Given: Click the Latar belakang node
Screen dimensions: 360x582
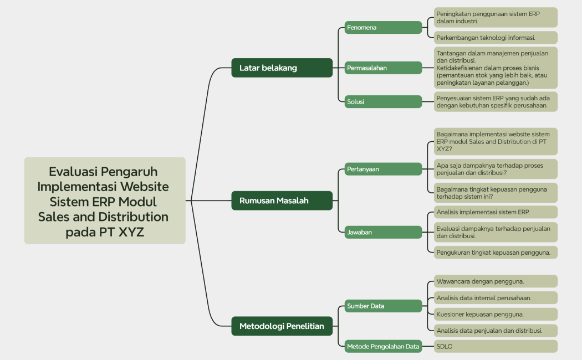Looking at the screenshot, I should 282,68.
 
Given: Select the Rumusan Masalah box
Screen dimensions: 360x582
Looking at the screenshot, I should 282,200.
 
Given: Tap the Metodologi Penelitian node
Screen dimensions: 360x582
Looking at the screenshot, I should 282,326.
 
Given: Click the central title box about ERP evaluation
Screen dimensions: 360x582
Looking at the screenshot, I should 105,200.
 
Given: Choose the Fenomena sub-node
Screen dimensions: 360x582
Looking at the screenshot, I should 383,27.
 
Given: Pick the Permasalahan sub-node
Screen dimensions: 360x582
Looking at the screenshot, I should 383,68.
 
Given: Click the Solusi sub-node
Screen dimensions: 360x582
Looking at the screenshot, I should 383,101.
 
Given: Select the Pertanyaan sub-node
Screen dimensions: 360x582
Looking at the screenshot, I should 383,169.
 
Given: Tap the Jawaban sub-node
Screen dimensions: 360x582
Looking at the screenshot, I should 383,232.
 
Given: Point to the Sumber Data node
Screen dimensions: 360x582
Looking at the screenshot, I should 383,306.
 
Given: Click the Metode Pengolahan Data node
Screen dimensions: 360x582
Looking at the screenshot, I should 383,347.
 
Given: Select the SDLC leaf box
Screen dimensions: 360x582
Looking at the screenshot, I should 495,347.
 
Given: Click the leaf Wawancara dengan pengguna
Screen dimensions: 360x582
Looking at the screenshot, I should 495,281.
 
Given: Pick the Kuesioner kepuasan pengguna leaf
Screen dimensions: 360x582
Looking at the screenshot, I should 495,314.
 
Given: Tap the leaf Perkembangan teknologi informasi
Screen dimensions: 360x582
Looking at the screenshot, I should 495,38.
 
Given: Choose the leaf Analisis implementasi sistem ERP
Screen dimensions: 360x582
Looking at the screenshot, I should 495,212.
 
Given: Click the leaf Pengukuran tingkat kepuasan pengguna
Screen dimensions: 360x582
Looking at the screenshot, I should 495,253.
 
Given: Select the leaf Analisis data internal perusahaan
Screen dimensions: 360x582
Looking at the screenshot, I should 495,298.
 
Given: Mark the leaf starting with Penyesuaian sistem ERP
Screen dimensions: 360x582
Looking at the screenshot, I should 495,101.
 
